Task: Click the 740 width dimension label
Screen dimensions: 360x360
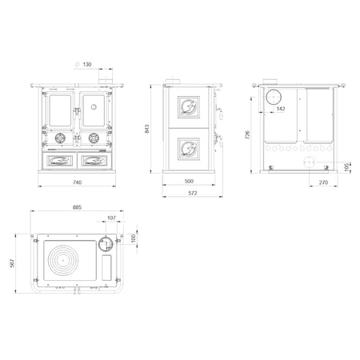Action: tap(77, 182)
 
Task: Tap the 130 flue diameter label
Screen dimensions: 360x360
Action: tap(87, 64)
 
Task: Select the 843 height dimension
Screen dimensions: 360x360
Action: tap(146, 129)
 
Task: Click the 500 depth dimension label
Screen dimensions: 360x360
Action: tap(189, 181)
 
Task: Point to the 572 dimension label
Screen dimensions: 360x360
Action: tap(193, 193)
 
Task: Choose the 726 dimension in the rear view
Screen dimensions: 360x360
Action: tap(247, 135)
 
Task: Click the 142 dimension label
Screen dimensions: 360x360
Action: tap(281, 109)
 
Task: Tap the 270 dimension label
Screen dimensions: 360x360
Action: tap(323, 182)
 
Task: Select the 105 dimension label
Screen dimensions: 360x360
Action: tap(346, 167)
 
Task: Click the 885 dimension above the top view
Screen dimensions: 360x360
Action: tap(77, 207)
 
